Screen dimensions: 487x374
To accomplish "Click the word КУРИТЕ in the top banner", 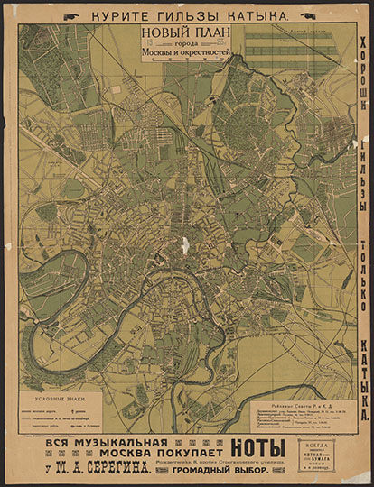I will coord(109,15).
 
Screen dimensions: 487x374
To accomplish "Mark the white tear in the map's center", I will coord(185,244).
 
